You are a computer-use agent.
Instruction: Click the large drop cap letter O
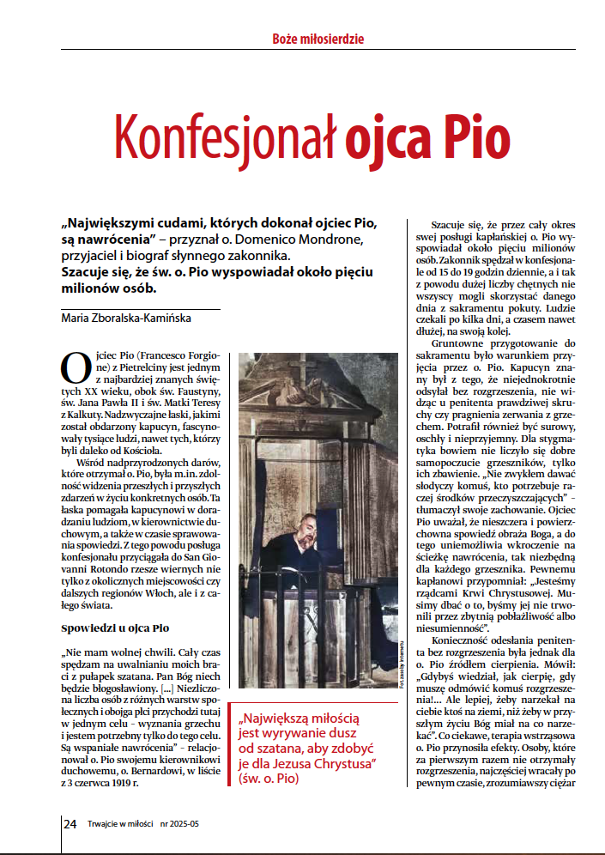pyautogui.click(x=76, y=367)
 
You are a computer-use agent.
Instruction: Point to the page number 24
pyautogui.click(x=70, y=823)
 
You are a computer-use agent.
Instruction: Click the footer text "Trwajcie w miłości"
pyautogui.click(x=120, y=824)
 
